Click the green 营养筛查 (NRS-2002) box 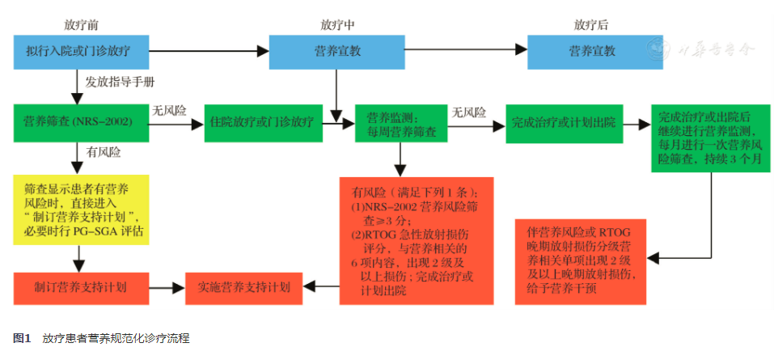[78, 122]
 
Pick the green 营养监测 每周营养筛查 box [400, 123]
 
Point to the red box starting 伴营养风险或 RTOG [581, 260]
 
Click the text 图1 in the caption [22, 337]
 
